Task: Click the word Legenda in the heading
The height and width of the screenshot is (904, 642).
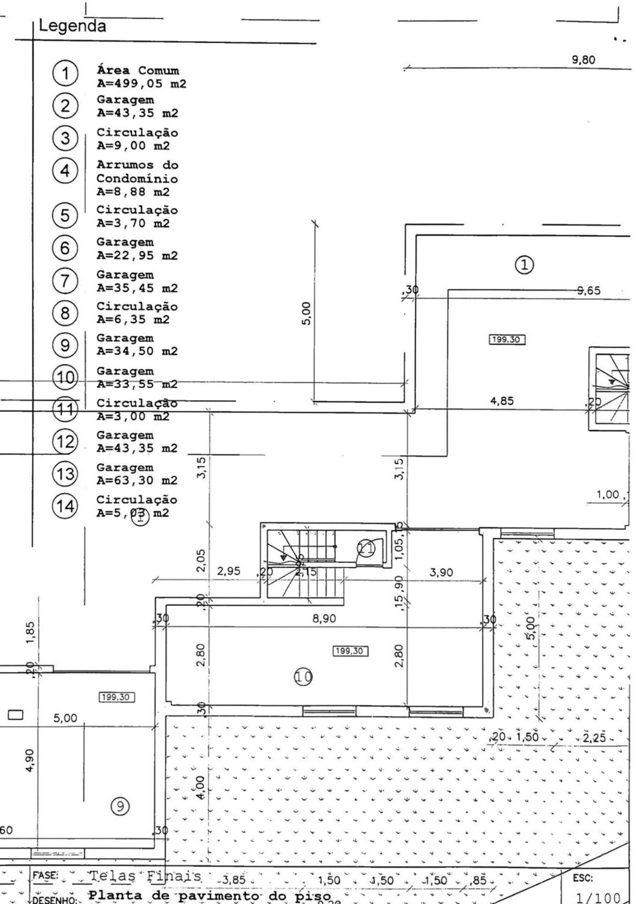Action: point(72,25)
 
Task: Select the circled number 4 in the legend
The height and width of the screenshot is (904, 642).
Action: point(65,170)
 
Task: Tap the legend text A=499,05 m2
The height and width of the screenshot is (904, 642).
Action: point(141,84)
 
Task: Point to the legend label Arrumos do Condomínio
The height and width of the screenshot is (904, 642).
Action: point(137,172)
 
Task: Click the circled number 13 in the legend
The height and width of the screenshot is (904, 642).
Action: point(65,474)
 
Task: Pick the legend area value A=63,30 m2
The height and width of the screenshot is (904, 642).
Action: point(137,481)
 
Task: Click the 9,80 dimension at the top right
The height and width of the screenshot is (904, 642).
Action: point(583,60)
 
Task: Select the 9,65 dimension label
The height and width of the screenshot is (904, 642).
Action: point(589,291)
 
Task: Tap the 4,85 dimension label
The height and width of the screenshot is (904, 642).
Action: point(502,401)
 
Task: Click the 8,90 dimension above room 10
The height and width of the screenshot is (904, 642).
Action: point(324,618)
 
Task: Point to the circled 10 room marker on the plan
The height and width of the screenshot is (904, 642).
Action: point(303,677)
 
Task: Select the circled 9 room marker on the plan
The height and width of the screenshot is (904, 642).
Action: point(120,807)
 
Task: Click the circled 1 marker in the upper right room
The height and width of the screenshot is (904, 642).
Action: point(525,265)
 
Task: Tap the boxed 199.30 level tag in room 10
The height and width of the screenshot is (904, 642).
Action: point(350,651)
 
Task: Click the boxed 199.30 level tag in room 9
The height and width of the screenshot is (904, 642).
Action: point(117,697)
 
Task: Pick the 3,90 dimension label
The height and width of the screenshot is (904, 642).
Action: point(441,573)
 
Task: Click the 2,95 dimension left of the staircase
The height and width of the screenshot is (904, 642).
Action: point(228,571)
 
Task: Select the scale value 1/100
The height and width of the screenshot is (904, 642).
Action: point(598,897)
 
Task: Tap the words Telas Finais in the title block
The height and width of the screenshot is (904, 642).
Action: point(145,877)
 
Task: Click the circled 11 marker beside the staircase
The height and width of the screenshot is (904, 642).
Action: point(367,548)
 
